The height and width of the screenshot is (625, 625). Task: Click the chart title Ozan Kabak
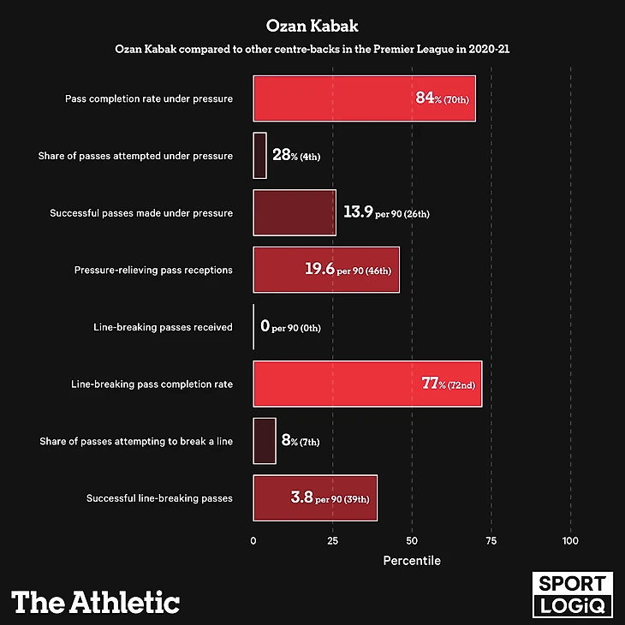[x=312, y=26]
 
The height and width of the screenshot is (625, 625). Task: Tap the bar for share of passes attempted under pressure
[x=259, y=155]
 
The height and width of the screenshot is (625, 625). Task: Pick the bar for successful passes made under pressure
[x=295, y=212]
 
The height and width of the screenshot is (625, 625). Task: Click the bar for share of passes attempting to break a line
[x=265, y=441]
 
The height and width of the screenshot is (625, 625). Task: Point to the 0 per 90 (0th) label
[x=295, y=327]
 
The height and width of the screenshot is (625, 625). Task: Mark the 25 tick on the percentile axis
[x=332, y=541]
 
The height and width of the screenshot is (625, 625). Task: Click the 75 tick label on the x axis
[x=491, y=541]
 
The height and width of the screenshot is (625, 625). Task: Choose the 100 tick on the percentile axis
[x=571, y=541]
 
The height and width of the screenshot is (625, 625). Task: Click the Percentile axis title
[x=412, y=561]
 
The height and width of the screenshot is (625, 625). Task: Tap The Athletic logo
[x=95, y=601]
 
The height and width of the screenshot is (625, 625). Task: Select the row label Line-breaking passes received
[x=163, y=327]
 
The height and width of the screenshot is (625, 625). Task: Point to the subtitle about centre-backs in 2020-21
[x=312, y=50]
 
